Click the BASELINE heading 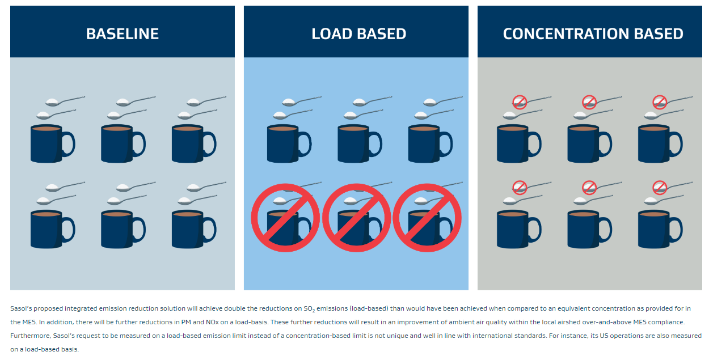tap(122, 33)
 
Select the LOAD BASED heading tap(358, 33)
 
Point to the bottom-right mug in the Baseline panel tap(188, 230)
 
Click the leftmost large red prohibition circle tap(285, 218)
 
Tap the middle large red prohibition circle tap(356, 218)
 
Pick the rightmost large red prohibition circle tap(427, 218)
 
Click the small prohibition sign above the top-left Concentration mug tap(520, 102)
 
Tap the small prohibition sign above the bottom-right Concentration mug tap(660, 187)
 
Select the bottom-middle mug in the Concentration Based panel tap(584, 230)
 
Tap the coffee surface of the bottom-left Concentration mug tap(513, 214)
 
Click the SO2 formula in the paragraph tap(309, 309)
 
